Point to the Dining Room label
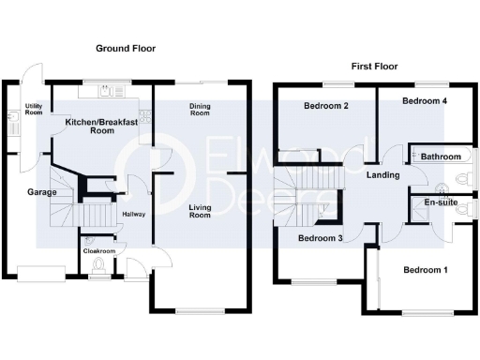point(199,111)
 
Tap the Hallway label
point(134,215)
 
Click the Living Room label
point(200,211)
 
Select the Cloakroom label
point(98,251)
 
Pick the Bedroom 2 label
point(326,106)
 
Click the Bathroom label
point(440,156)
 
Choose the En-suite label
point(440,202)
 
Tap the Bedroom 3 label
point(321,238)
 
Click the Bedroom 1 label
point(425,270)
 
